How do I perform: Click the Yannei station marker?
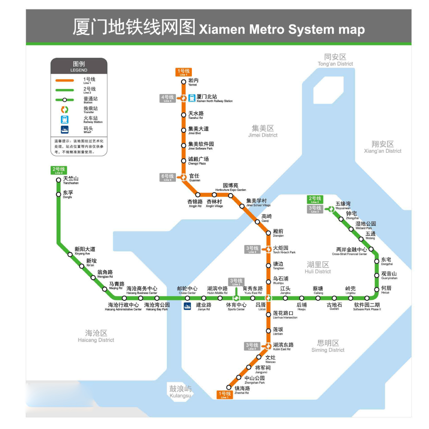[184, 81]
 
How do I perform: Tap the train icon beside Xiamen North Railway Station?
[192, 98]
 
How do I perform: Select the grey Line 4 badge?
[167, 98]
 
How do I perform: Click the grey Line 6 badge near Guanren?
[167, 177]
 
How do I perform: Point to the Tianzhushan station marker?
[59, 180]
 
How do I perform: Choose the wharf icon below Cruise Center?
[187, 306]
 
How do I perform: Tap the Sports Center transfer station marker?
[236, 298]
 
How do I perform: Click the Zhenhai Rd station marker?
[229, 387]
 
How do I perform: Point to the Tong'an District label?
[335, 60]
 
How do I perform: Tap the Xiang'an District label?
[383, 147]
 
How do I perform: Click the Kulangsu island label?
[180, 392]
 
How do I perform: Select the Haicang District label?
[96, 336]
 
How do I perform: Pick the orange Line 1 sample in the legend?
[64, 80]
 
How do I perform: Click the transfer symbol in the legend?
[64, 109]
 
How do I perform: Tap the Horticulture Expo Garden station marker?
[230, 196]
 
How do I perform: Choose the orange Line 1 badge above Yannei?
[183, 72]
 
